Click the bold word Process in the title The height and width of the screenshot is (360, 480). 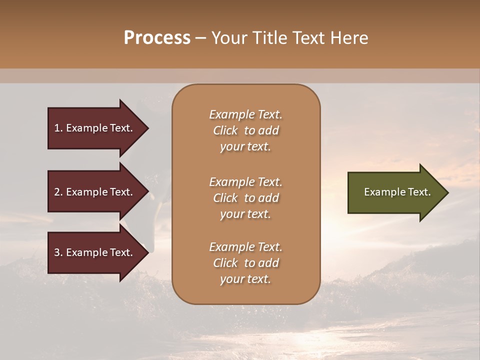(x=157, y=38)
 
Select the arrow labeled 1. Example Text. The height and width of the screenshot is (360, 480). (x=95, y=128)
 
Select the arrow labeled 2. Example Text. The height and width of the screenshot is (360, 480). (x=95, y=192)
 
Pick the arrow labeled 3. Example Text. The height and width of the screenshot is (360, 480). (x=95, y=252)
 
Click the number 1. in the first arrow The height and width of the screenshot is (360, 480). (x=58, y=128)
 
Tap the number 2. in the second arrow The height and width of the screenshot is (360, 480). (x=58, y=192)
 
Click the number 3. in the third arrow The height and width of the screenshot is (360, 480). (x=58, y=252)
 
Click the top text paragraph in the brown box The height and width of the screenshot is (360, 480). (x=245, y=130)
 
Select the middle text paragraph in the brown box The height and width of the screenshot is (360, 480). (x=245, y=198)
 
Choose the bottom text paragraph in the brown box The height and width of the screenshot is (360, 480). (x=245, y=263)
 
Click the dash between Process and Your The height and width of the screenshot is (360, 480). (x=200, y=38)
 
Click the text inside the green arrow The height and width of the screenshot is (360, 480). (x=397, y=192)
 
